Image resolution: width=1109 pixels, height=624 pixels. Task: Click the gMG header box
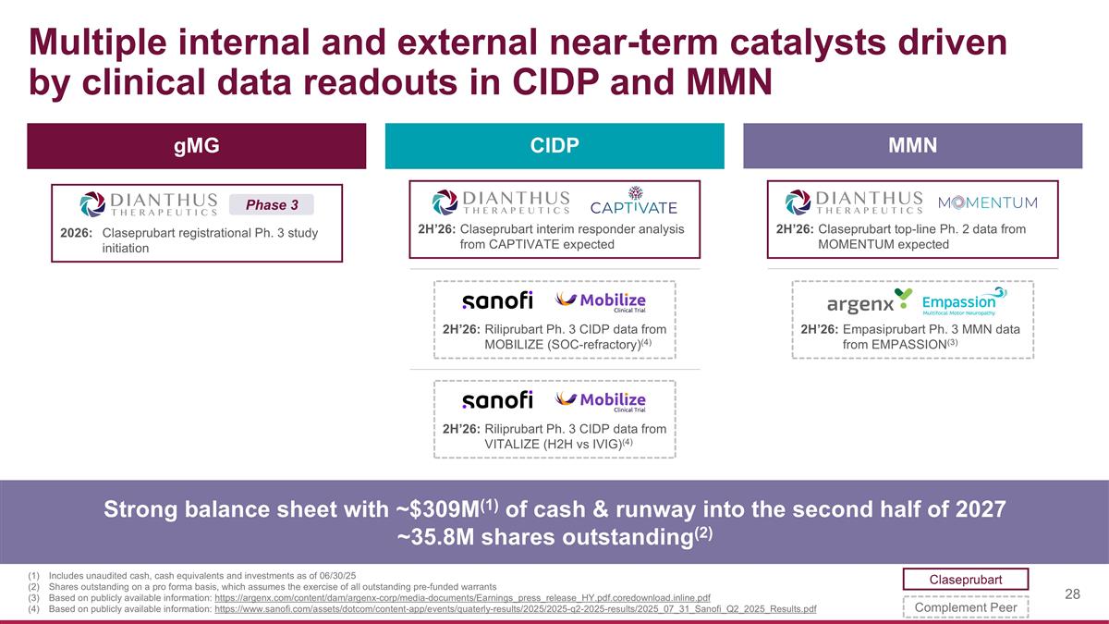tap(196, 146)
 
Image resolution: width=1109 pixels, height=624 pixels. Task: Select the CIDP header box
tap(554, 146)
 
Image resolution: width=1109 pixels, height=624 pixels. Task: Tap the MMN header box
tap(912, 146)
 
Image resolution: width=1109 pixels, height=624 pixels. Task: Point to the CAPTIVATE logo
tap(634, 201)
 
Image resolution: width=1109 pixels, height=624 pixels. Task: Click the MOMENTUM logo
tap(988, 202)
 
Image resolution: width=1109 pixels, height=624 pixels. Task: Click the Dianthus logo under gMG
tap(149, 205)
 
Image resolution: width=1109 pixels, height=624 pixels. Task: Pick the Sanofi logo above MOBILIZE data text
tap(497, 300)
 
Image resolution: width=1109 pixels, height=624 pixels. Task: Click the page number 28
tap(1072, 593)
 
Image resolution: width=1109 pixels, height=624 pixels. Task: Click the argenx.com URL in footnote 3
tap(462, 598)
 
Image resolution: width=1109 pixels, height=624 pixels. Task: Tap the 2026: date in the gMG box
tap(77, 233)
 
